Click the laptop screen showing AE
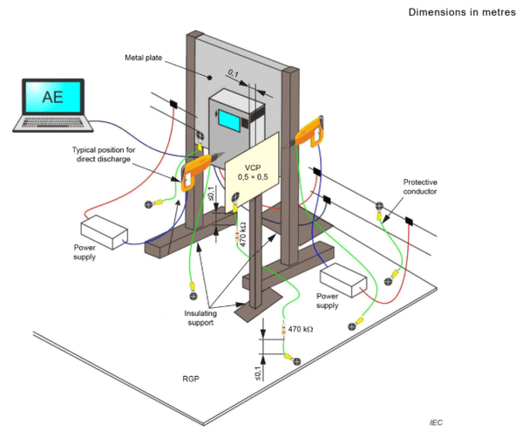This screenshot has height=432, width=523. [51, 97]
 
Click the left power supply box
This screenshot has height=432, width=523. [104, 232]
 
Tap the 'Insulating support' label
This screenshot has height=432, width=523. [207, 317]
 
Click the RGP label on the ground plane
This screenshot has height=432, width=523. [193, 381]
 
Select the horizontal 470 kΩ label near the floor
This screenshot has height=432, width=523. [300, 329]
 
